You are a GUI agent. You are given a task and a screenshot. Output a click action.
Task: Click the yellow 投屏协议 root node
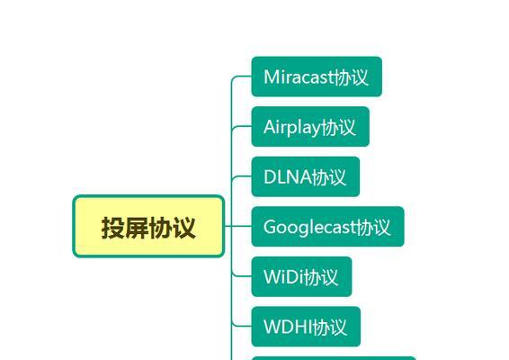point(148,227)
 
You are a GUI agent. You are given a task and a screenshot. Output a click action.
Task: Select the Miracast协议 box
point(317,76)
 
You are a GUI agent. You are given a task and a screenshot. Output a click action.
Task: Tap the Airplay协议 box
point(310,126)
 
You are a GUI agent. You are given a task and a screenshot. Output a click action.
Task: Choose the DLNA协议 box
point(306,176)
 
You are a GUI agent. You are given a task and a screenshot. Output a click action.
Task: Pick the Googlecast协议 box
point(327,227)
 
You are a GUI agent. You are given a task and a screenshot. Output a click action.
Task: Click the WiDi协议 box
point(301,276)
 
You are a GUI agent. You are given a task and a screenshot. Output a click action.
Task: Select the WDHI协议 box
point(306,327)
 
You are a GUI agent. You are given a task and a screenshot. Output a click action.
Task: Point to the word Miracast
point(299,77)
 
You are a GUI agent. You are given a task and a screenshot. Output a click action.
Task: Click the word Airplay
point(292,128)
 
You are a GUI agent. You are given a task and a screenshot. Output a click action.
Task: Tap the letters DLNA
point(288,177)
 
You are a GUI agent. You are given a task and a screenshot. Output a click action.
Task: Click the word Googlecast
point(309,227)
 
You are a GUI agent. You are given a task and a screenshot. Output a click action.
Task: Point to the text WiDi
point(283,277)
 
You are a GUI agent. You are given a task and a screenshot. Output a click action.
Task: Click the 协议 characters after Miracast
point(352,77)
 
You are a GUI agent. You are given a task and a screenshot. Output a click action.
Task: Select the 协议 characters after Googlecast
point(373,227)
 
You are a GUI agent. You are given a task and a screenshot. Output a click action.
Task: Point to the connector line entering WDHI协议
point(242,326)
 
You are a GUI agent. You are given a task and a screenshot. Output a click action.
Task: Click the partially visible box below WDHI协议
point(334,358)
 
